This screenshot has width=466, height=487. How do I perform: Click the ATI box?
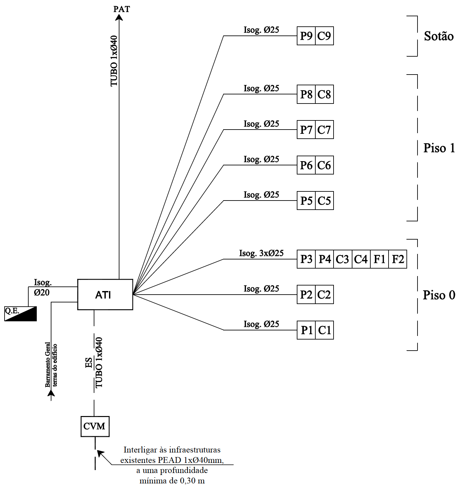[x=105, y=295]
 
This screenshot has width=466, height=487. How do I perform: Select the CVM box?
[x=95, y=426]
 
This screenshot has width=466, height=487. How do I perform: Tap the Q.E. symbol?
[x=20, y=313]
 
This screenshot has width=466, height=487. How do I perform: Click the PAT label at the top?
[x=122, y=9]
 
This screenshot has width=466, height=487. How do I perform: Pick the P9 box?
[x=306, y=36]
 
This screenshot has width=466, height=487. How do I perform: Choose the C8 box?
[x=324, y=94]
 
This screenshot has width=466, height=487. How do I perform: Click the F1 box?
[x=379, y=259]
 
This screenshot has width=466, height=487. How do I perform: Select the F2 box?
[x=398, y=259]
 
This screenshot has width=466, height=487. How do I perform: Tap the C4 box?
[x=361, y=259]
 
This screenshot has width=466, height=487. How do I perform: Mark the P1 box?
[x=306, y=330]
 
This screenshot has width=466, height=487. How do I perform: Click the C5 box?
[x=324, y=201]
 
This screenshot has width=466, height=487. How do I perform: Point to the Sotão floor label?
[x=439, y=36]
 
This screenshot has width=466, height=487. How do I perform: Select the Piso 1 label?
[x=439, y=148]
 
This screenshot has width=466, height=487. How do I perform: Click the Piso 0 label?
[x=439, y=295]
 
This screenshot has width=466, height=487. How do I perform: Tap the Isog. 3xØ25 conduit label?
[x=261, y=253]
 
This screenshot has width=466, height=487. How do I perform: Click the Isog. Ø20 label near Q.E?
[x=43, y=287]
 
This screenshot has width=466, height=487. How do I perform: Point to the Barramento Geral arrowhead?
[x=51, y=393]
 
